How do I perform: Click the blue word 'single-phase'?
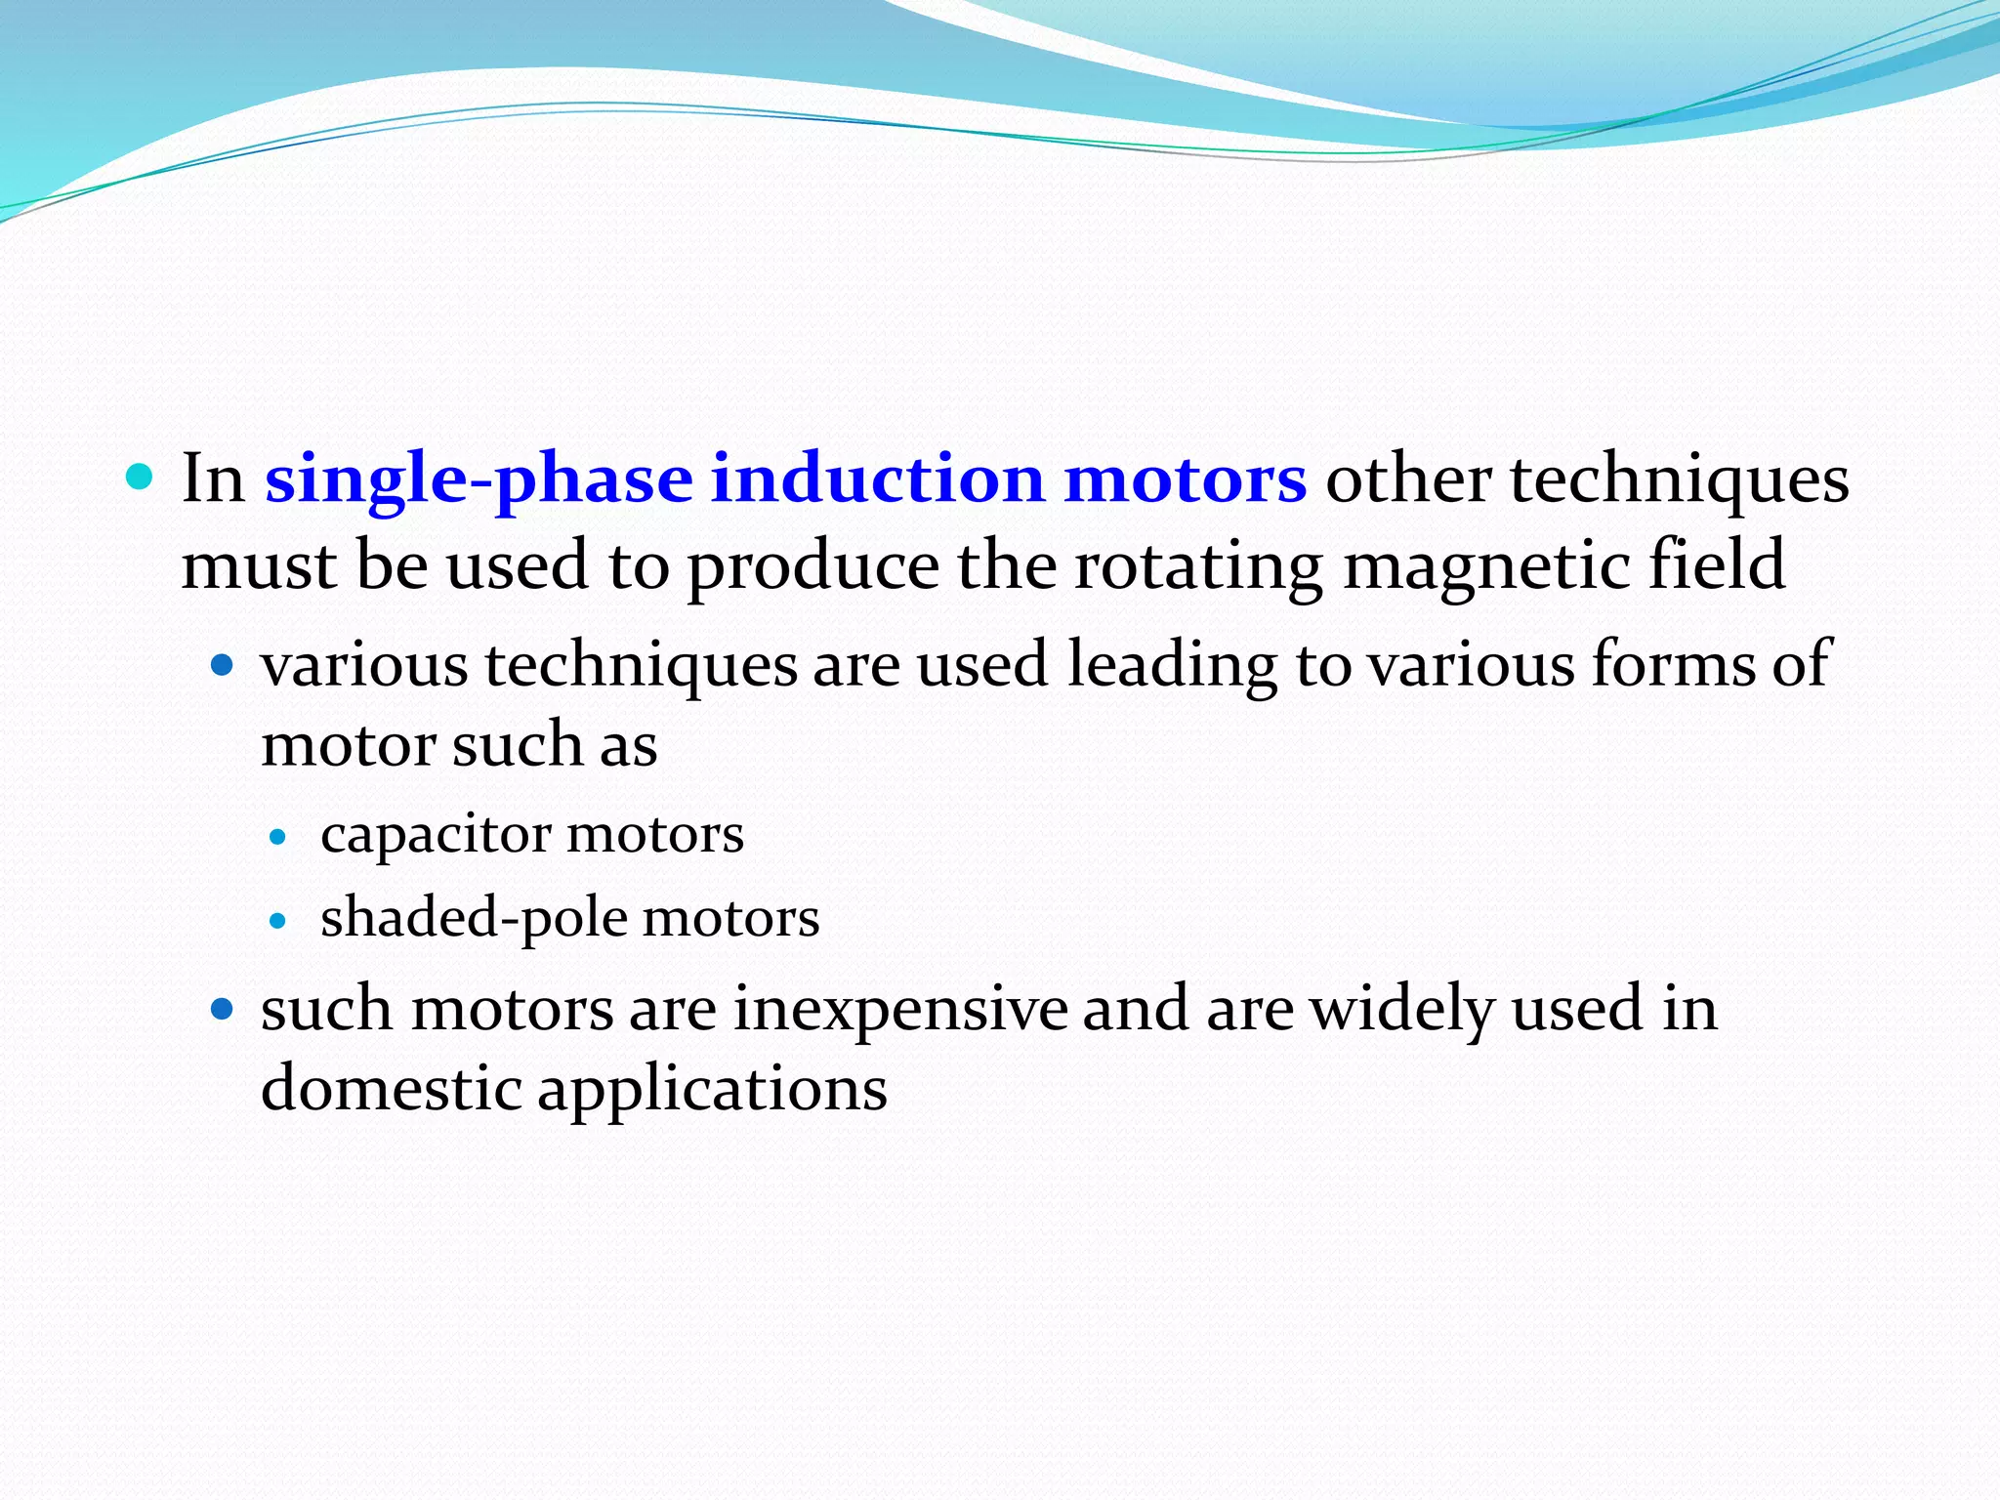pos(478,480)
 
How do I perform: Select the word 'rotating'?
pos(1198,566)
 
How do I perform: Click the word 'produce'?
pos(813,566)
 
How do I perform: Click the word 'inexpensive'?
pos(900,1010)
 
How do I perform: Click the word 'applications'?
pos(712,1090)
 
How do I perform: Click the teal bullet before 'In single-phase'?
pos(141,478)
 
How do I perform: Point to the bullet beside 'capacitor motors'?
pos(278,837)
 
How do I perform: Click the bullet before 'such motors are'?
pos(224,1009)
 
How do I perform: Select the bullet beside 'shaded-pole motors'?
pos(278,921)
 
